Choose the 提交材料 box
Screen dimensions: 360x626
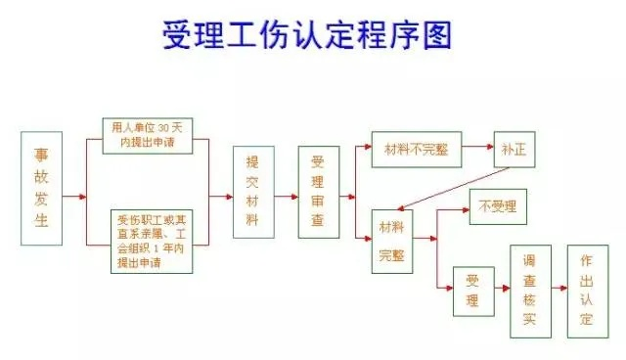click(252, 193)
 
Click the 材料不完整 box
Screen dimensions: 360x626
click(416, 148)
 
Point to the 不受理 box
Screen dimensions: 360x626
click(497, 207)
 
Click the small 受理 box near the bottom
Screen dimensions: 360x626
click(472, 290)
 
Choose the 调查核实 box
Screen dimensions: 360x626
click(529, 290)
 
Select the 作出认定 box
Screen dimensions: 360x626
click(586, 290)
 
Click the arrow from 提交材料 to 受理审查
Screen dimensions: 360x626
click(285, 195)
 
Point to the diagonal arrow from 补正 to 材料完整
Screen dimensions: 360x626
click(456, 188)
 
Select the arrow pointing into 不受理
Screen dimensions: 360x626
click(457, 207)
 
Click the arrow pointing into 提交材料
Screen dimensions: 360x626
click(220, 195)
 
